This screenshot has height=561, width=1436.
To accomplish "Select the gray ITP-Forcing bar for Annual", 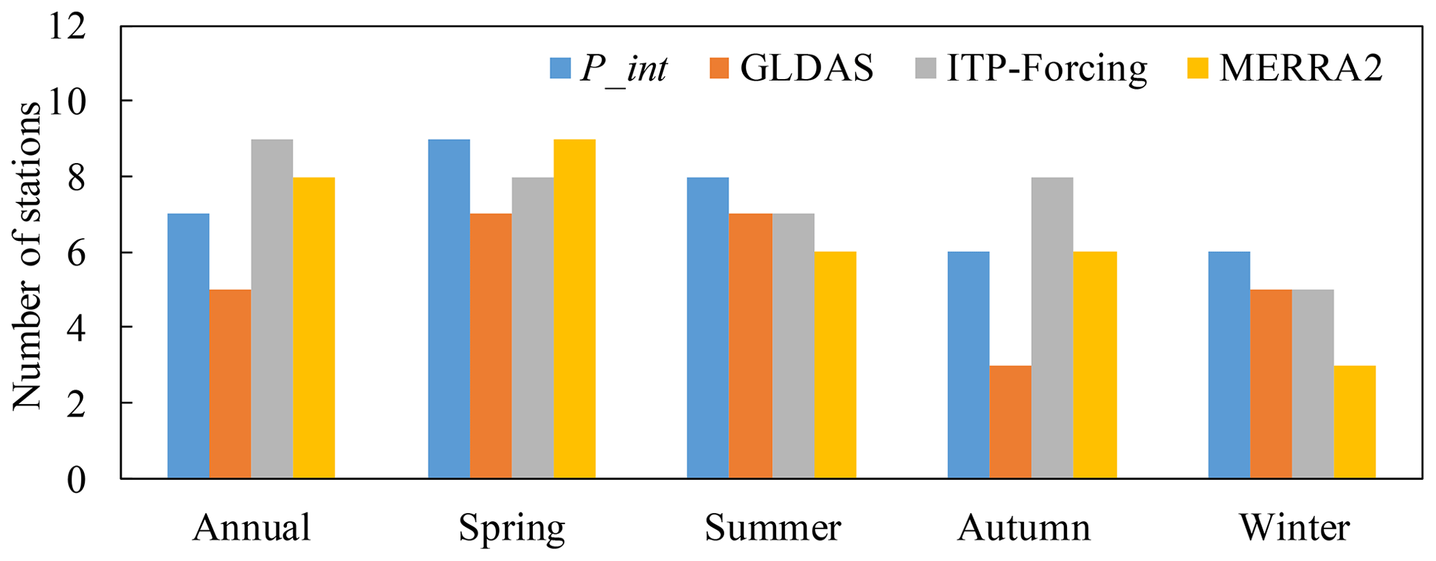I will coord(272,309).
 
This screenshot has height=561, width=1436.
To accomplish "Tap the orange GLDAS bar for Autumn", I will coord(1010,421).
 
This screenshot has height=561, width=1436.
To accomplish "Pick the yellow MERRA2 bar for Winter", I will coord(1354,421).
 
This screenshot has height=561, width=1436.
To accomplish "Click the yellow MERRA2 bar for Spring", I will coord(575,309).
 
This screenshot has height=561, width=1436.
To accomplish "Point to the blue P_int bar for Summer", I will coord(708,328).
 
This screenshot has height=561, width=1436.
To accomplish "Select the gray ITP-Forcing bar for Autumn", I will coord(1052,328).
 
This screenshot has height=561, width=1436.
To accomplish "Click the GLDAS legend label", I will coord(807,68).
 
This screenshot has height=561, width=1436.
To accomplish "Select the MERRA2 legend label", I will coord(1301,68).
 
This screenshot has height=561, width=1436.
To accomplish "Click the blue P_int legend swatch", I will coord(560,68).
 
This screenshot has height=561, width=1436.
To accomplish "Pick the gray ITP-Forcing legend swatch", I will coord(925,68).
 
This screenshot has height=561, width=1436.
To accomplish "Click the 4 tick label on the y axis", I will coord(76,328).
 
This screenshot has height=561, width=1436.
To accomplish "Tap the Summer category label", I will coord(773,528).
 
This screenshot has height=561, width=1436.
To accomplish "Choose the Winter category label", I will coord(1294,528).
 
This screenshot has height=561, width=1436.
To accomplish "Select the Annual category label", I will coord(251,528).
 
